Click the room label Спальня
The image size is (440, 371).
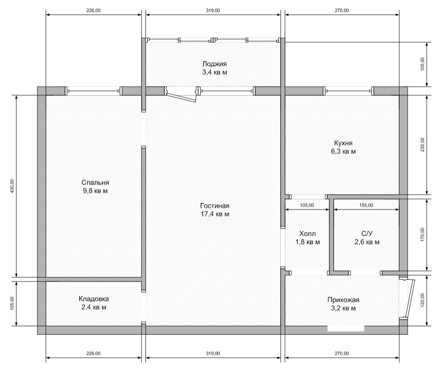(x=95, y=182)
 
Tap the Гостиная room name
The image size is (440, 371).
(x=215, y=206)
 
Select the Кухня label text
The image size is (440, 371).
(x=343, y=143)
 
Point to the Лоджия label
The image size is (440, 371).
(x=215, y=64)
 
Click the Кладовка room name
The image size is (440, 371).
(x=94, y=299)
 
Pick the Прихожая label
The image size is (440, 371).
(x=343, y=300)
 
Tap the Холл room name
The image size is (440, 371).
(x=307, y=234)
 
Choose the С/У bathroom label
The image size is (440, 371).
(x=367, y=234)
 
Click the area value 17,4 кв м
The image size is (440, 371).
(x=215, y=214)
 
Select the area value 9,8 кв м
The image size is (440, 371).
(x=95, y=191)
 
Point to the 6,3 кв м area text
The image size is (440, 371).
(x=343, y=151)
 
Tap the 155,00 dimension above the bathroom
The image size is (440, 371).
(x=366, y=205)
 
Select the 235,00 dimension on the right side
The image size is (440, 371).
(x=423, y=145)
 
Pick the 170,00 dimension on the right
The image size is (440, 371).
(x=423, y=235)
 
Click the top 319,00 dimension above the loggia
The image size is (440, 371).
(x=213, y=11)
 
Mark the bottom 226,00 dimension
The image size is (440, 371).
(x=93, y=354)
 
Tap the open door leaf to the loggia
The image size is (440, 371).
(x=181, y=96)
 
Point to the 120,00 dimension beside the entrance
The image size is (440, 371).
(x=423, y=300)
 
